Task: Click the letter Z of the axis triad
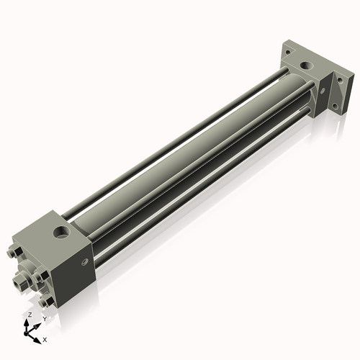[28, 315]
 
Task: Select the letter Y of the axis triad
[44, 318]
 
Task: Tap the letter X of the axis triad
[45, 338]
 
